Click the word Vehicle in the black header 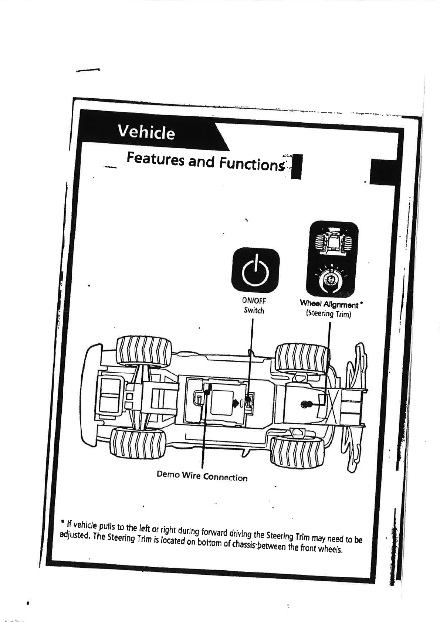(x=146, y=132)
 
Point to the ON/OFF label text (x=254, y=301)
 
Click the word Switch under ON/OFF (x=254, y=310)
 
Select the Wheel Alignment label (x=329, y=305)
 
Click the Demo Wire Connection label (x=202, y=476)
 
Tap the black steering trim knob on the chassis (x=306, y=404)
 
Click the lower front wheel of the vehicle (x=298, y=451)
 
